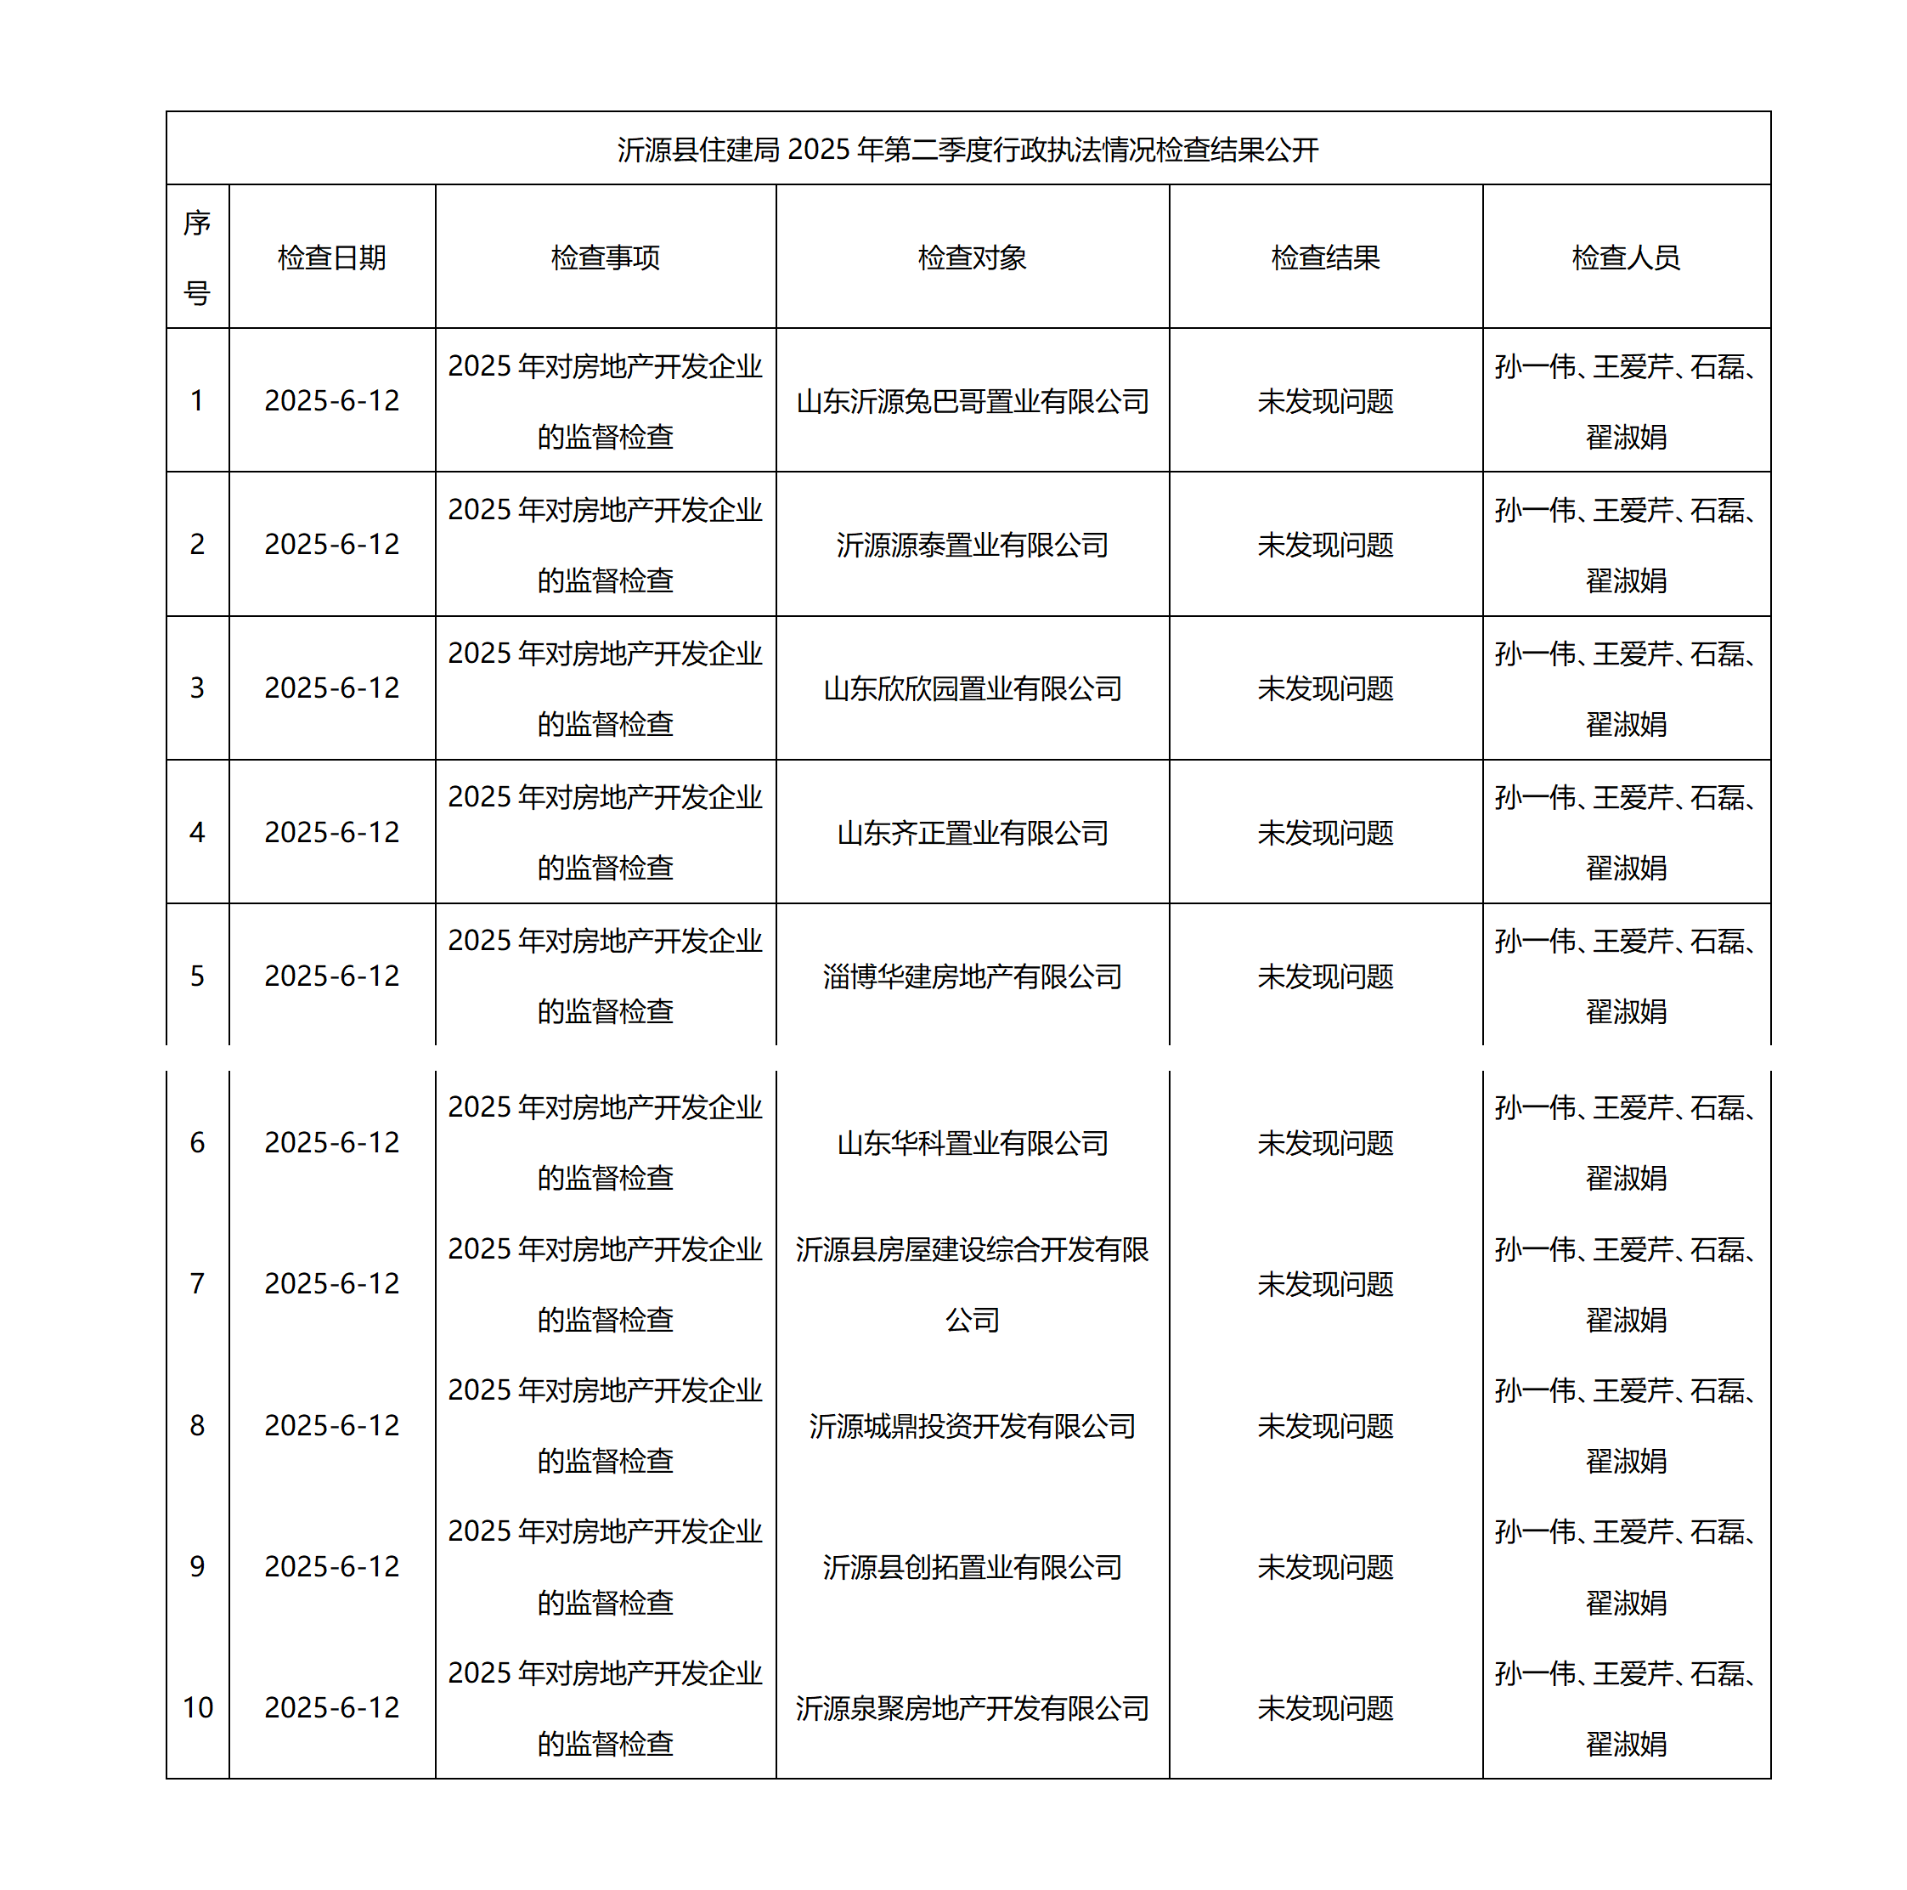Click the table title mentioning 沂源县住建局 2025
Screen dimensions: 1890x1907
click(x=968, y=149)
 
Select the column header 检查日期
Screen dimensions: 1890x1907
click(x=331, y=257)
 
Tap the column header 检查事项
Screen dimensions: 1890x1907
click(x=605, y=257)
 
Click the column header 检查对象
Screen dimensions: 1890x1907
click(x=973, y=257)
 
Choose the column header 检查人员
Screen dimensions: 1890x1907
click(x=1626, y=257)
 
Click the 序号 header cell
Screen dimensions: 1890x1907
click(x=197, y=257)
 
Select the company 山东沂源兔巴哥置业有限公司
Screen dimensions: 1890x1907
click(x=973, y=401)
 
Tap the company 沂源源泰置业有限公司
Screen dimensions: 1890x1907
click(x=973, y=544)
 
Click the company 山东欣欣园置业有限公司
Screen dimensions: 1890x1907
click(x=973, y=688)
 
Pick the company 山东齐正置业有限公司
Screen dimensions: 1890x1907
click(x=973, y=833)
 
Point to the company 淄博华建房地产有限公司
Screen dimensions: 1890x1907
click(x=973, y=976)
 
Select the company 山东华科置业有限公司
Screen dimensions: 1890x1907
click(x=973, y=1142)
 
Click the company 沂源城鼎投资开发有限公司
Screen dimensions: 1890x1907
click(x=973, y=1425)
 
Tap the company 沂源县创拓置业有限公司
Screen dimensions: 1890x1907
click(x=973, y=1566)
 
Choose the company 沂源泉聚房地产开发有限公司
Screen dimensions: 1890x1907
click(x=973, y=1707)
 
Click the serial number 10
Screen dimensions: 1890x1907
click(x=197, y=1707)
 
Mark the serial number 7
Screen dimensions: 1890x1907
click(x=197, y=1284)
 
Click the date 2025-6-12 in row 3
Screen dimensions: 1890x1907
click(x=331, y=688)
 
